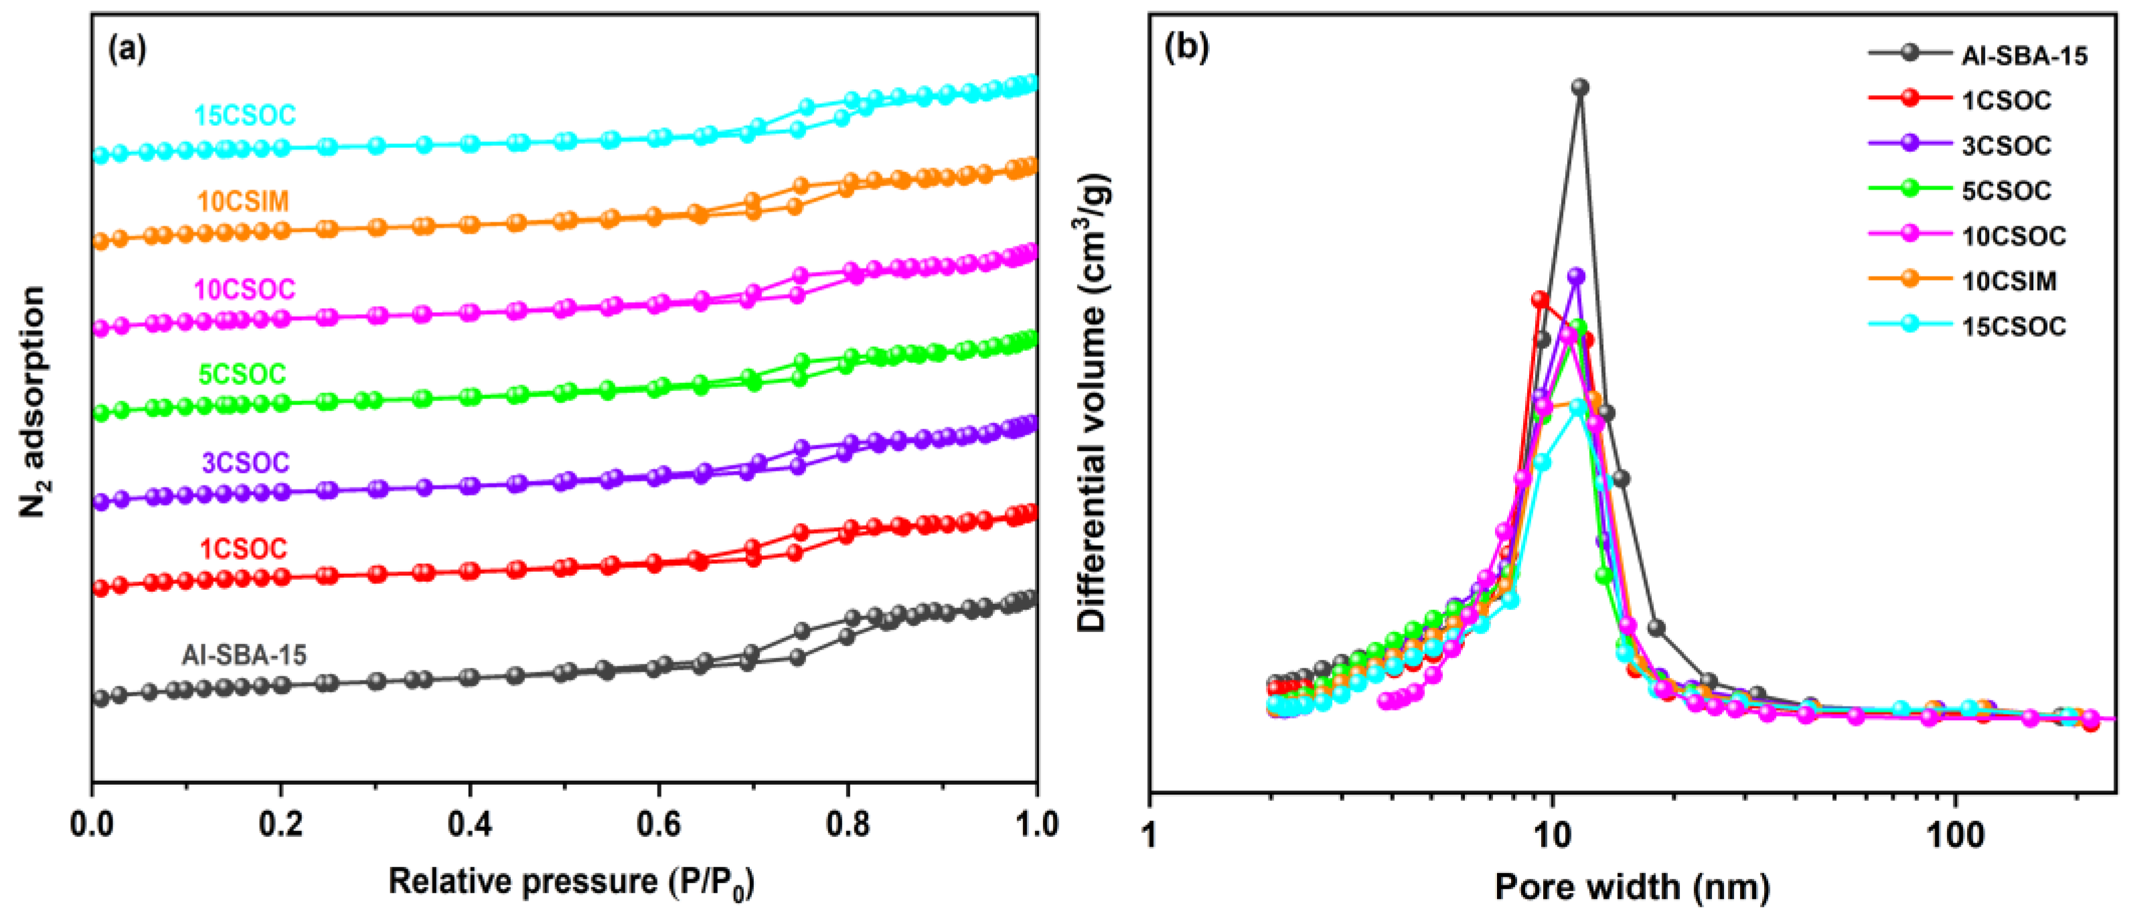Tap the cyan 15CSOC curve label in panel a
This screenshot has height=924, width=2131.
tap(245, 115)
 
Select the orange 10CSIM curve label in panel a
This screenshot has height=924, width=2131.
tap(243, 201)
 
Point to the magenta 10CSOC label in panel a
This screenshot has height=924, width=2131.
tap(244, 289)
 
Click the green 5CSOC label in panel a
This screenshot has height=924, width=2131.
tap(242, 375)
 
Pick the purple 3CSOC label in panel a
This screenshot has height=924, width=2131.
tap(246, 463)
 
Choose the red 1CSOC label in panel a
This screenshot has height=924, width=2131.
tap(243, 548)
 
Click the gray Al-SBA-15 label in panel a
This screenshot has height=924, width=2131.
tap(244, 655)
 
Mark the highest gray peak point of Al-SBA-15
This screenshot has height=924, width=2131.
tap(1580, 87)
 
